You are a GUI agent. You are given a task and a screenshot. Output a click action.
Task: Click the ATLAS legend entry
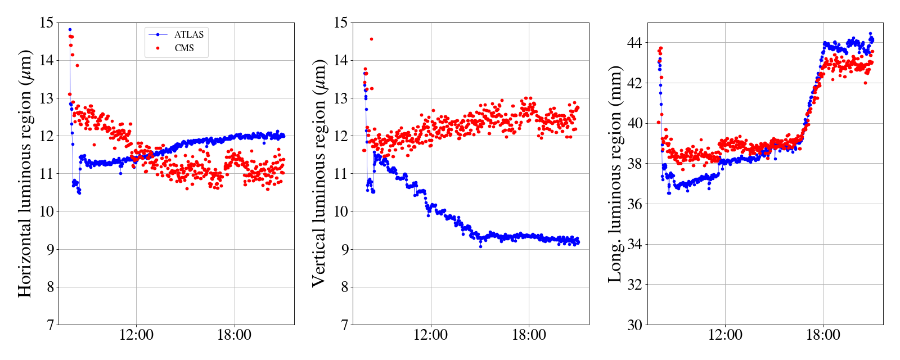tap(188, 34)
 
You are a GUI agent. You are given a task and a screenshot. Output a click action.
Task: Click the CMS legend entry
tap(184, 48)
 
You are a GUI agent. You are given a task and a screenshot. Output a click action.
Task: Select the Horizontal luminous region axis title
tap(25, 173)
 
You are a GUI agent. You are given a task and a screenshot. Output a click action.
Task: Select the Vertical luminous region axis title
tap(319, 173)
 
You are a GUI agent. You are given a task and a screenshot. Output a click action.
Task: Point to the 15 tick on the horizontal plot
tap(47, 23)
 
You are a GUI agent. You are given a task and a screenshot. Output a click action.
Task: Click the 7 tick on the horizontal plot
tap(49, 325)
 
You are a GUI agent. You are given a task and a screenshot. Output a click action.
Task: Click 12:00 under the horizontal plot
tap(137, 335)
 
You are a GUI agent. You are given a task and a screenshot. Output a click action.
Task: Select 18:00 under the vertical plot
tap(529, 335)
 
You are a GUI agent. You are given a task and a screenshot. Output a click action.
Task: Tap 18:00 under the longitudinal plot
tap(823, 335)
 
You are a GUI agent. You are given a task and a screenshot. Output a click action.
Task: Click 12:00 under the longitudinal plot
tap(725, 335)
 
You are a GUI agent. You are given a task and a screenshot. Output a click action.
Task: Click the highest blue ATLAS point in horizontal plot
tap(70, 29)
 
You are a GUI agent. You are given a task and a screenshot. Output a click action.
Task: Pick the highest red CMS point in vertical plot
tap(371, 39)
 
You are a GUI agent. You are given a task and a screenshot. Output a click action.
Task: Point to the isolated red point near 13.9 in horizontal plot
tap(77, 66)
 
